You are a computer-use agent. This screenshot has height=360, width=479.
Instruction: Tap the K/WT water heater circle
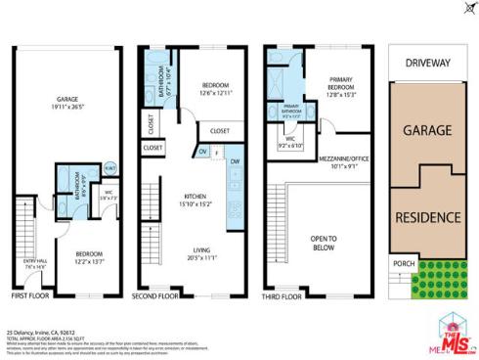click(110, 167)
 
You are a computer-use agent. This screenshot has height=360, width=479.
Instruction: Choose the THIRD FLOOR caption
click(282, 294)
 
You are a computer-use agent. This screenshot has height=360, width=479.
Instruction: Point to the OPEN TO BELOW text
click(325, 240)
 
